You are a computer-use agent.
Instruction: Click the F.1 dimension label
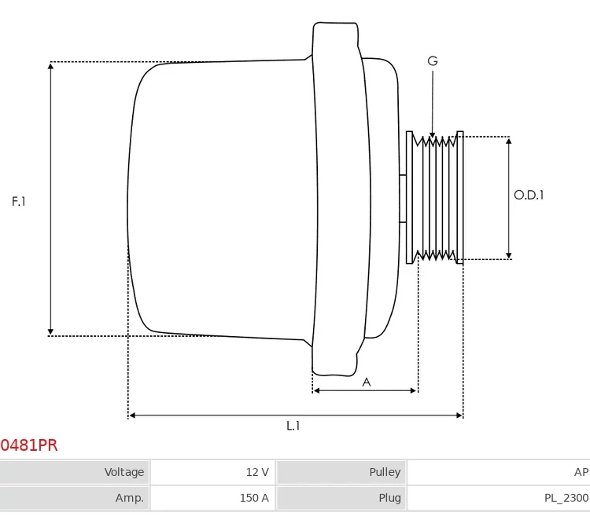coord(19,201)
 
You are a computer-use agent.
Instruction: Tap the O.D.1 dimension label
coord(529,195)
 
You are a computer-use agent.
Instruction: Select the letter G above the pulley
coord(432,61)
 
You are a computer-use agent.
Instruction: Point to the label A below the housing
coord(366,382)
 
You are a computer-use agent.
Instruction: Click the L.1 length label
coord(293,426)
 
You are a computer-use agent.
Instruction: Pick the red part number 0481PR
coord(29,446)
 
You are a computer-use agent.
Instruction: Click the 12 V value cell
coord(212,472)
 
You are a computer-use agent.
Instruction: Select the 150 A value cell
coord(212,498)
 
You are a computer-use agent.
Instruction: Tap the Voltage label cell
coord(75,472)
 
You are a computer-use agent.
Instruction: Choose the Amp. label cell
coord(75,498)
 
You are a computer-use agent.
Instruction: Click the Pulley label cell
coord(341,472)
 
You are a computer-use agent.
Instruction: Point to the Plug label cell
coord(341,498)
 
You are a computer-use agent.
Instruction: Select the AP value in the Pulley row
coord(499,472)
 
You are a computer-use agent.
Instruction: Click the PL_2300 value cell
coord(499,498)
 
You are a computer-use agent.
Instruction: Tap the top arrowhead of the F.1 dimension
coord(50,66)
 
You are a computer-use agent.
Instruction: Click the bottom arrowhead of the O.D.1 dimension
coord(509,254)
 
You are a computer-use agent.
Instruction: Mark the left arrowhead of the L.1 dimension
coord(133,415)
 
